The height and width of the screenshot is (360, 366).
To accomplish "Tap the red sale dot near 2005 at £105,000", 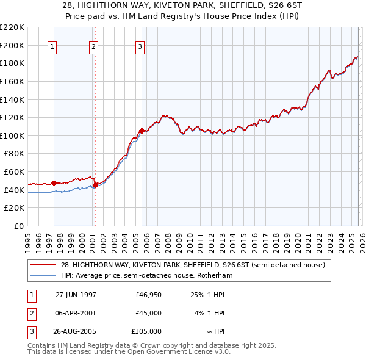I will click(x=142, y=131).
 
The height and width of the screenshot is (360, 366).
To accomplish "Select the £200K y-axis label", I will click(x=13, y=45).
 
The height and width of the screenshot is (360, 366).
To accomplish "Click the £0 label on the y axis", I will click(x=20, y=226).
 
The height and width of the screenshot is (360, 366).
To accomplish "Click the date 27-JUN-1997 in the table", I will click(x=76, y=295).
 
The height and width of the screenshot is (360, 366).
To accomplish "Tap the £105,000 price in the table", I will click(x=146, y=331).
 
